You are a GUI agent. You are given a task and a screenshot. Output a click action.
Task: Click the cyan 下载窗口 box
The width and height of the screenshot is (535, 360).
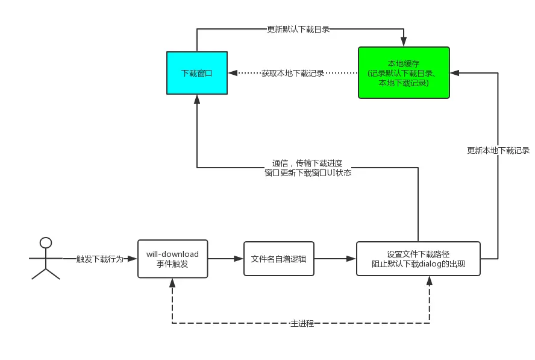[x=197, y=73]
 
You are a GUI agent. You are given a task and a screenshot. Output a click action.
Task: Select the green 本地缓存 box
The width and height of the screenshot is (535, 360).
[x=404, y=73]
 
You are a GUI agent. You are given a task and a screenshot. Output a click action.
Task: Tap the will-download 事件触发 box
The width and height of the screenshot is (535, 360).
[x=172, y=259]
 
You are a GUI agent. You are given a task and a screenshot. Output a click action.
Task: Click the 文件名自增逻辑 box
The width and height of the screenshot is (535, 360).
[x=278, y=259]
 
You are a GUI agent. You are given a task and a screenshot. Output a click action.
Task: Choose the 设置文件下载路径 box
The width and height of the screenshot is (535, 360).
[x=418, y=259]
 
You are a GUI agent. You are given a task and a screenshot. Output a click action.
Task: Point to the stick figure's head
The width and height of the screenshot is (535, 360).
[x=46, y=243]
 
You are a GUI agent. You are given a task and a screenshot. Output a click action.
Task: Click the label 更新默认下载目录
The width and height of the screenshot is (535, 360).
[x=299, y=29]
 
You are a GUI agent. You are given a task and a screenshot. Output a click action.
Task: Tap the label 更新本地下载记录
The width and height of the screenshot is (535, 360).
[x=498, y=150]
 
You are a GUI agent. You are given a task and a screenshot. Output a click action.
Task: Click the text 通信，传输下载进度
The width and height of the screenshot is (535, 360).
[x=307, y=163]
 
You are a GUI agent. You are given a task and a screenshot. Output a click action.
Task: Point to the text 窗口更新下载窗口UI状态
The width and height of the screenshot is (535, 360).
[x=307, y=172]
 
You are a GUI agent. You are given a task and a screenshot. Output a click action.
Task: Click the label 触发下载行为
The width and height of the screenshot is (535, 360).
[x=100, y=259]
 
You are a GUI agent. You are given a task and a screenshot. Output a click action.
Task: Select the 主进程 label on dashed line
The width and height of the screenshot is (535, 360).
[x=301, y=324]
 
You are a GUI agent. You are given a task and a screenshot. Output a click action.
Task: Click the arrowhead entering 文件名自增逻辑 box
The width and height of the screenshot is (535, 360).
[x=240, y=259]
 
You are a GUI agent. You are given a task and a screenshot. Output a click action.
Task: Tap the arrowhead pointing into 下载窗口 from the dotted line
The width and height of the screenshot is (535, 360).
[x=232, y=73]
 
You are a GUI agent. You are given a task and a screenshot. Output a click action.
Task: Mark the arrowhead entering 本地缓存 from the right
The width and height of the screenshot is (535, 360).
[x=454, y=73]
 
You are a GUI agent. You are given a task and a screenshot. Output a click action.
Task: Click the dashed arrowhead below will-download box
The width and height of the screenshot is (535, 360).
[x=172, y=282]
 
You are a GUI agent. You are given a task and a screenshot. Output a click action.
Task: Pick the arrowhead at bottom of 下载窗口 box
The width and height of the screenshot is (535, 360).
[x=197, y=99]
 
